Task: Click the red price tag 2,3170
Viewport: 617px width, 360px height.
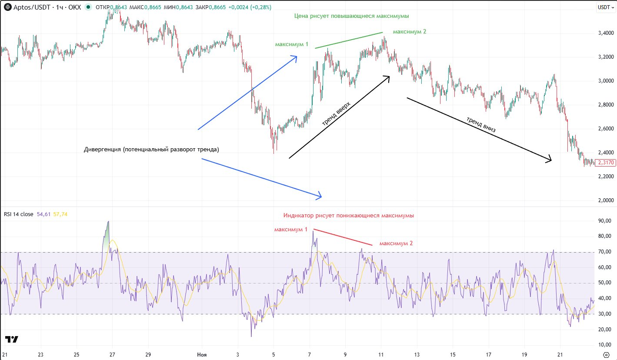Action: tap(606, 162)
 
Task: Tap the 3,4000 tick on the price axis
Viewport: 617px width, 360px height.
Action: tap(606, 33)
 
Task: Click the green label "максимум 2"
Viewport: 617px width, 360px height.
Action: tap(410, 32)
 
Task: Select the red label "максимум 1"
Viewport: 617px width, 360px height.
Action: tap(290, 229)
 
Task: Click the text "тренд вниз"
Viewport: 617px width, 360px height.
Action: tap(481, 124)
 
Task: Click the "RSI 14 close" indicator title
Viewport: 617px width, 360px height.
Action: tap(18, 214)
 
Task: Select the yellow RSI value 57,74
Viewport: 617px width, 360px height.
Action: tap(60, 214)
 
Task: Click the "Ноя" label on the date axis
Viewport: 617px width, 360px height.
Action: tap(202, 354)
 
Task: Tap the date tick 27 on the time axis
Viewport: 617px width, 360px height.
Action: tap(112, 354)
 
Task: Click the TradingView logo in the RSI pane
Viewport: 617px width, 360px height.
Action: tap(12, 340)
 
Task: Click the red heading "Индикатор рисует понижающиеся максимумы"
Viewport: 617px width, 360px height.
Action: tap(349, 215)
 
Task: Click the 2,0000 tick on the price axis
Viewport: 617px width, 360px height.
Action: tap(606, 200)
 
